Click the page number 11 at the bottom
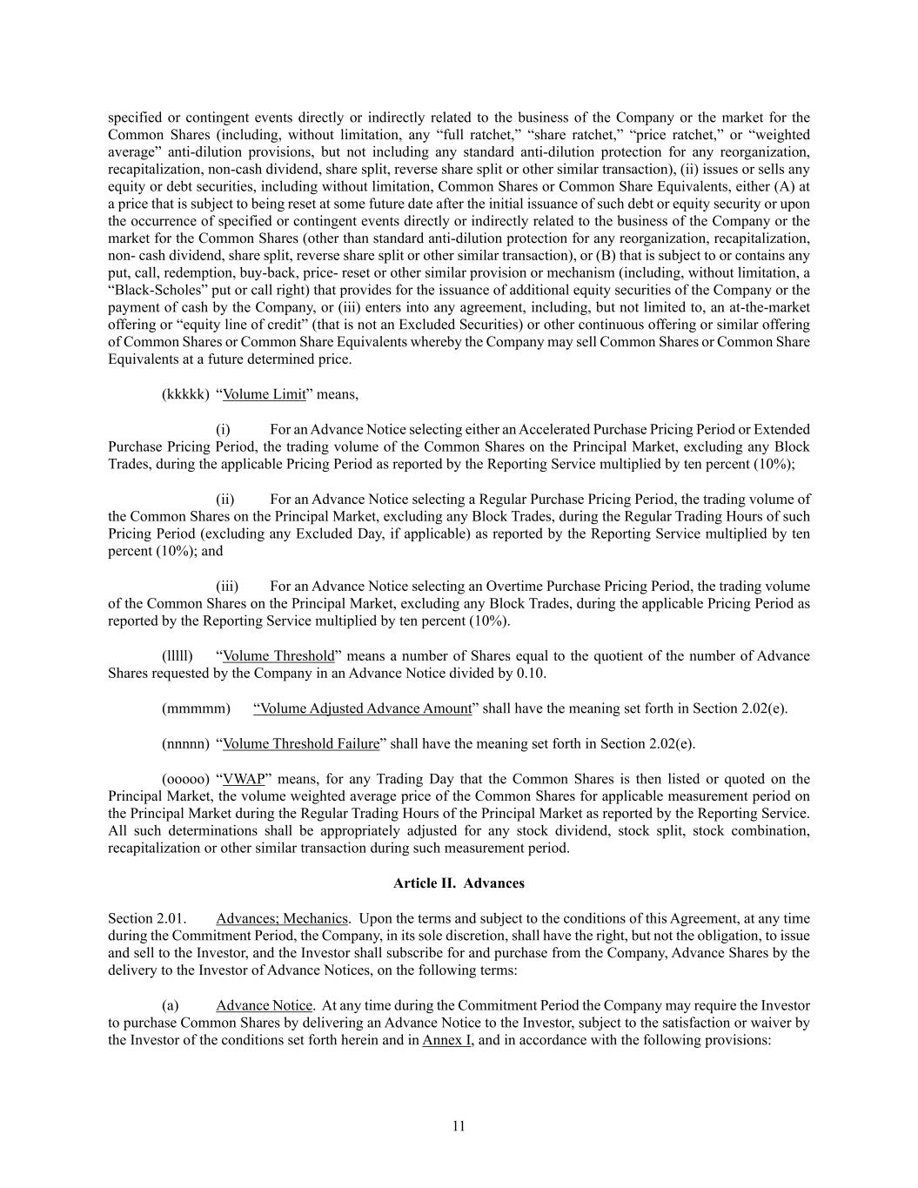[459, 1126]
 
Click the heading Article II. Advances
[459, 883]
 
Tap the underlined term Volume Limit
[265, 394]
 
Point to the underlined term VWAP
[244, 779]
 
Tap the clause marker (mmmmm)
[196, 708]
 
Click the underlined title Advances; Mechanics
[282, 918]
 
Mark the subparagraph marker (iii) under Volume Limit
[227, 587]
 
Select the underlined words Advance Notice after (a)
[264, 1005]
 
